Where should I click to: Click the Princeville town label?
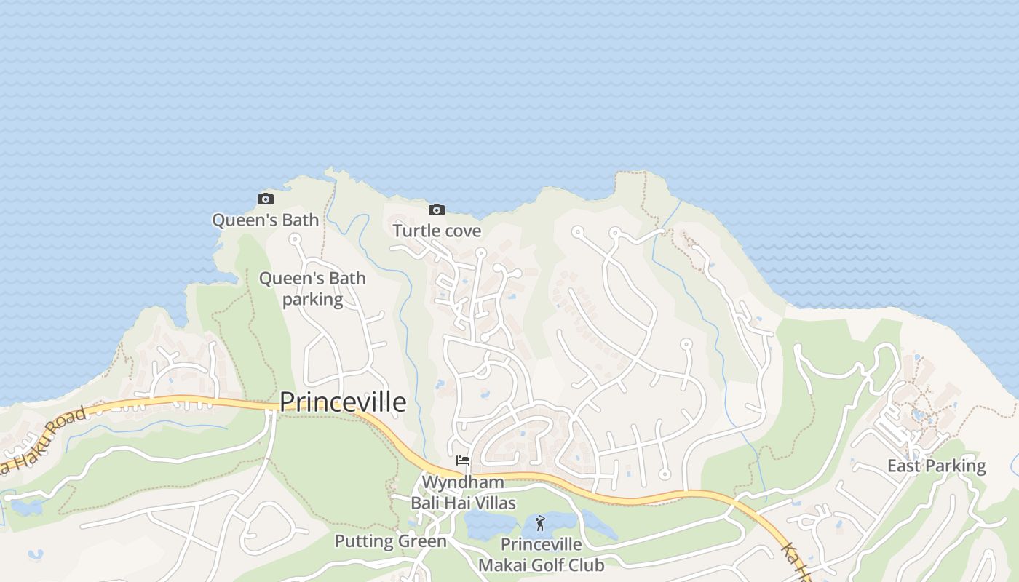[343, 402]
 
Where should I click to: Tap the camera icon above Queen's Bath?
[266, 199]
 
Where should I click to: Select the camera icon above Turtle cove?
[437, 210]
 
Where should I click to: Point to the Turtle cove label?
[437, 231]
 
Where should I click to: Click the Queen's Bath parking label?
[312, 289]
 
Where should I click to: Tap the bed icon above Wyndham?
[463, 461]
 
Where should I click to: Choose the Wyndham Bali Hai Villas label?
[463, 493]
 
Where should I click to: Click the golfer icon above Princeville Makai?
[540, 523]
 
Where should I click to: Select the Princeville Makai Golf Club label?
[542, 554]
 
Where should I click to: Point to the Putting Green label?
[390, 541]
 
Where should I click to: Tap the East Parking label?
[936, 466]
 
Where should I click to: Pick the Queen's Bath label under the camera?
[266, 220]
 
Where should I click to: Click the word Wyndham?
[463, 482]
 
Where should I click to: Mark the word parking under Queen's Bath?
[312, 299]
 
